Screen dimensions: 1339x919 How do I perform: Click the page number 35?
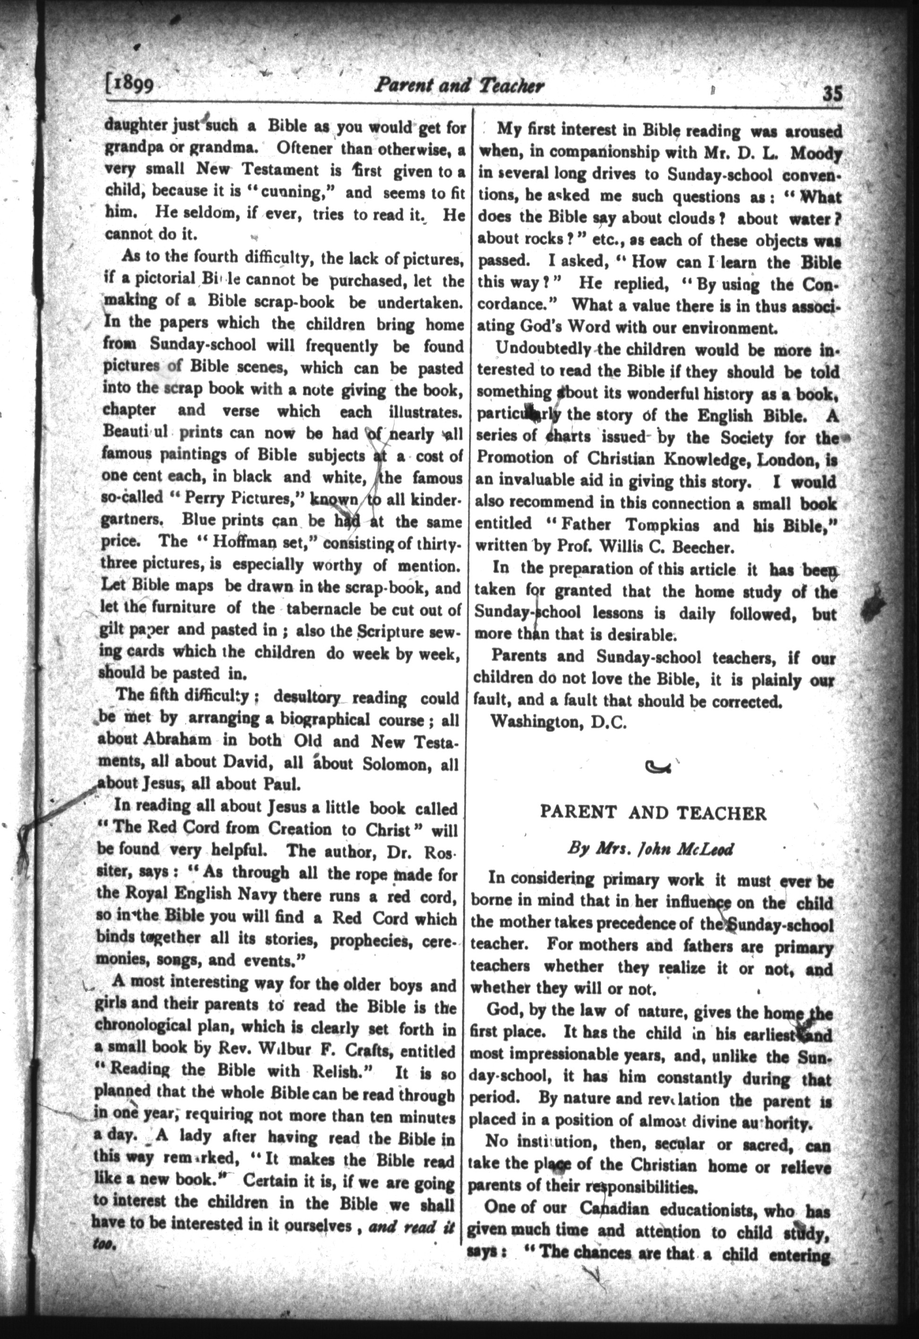(832, 93)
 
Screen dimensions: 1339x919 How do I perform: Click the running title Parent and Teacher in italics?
(459, 86)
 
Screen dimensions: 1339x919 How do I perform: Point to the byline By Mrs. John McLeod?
(650, 849)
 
